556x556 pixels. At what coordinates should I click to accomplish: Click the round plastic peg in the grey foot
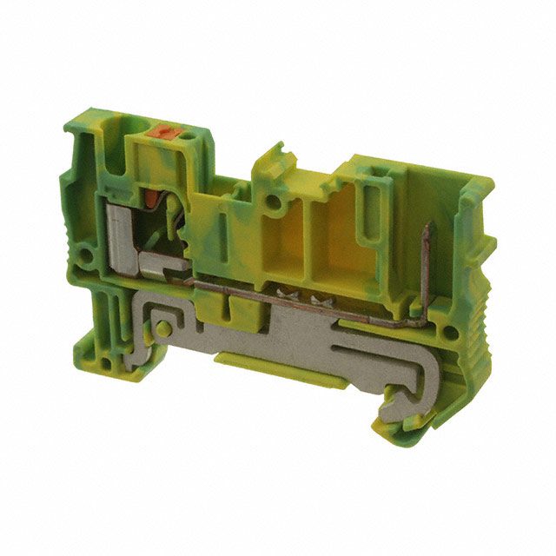coord(162,330)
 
